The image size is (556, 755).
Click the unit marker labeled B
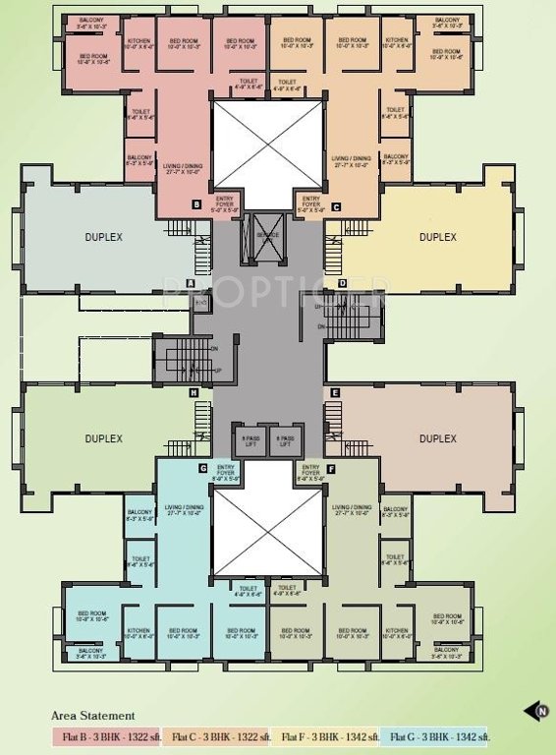click(196, 205)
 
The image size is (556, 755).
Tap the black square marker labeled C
click(336, 206)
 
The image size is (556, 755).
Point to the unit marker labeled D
click(342, 284)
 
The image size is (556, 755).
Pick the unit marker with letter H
click(195, 393)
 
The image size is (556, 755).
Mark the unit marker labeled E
click(336, 393)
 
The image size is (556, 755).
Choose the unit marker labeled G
click(201, 468)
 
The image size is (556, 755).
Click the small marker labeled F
click(331, 469)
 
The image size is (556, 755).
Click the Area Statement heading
click(92, 716)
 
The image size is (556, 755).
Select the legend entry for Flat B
click(106, 736)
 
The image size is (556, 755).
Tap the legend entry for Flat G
click(438, 736)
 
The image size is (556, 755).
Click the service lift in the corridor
click(268, 237)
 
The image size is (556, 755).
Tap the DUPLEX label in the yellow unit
click(437, 237)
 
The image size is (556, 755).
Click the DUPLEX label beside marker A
click(103, 237)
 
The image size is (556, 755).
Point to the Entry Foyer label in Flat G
click(226, 471)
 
